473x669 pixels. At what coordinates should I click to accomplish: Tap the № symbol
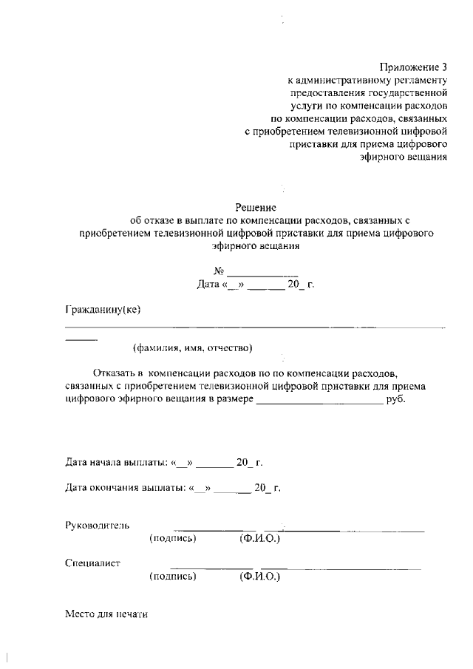[x=218, y=271]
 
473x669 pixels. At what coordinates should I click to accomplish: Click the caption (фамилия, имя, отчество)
[x=193, y=347]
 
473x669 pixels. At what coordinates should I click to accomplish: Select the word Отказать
[x=118, y=374]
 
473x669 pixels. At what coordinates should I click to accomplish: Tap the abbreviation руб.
[x=396, y=400]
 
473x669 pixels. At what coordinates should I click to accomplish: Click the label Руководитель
[x=98, y=525]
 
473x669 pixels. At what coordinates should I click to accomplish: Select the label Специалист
[x=93, y=563]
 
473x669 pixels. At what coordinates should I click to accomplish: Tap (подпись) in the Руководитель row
[x=172, y=539]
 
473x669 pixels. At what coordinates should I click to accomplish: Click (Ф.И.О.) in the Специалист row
[x=260, y=577]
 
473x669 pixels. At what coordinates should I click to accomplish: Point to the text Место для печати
[x=107, y=614]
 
